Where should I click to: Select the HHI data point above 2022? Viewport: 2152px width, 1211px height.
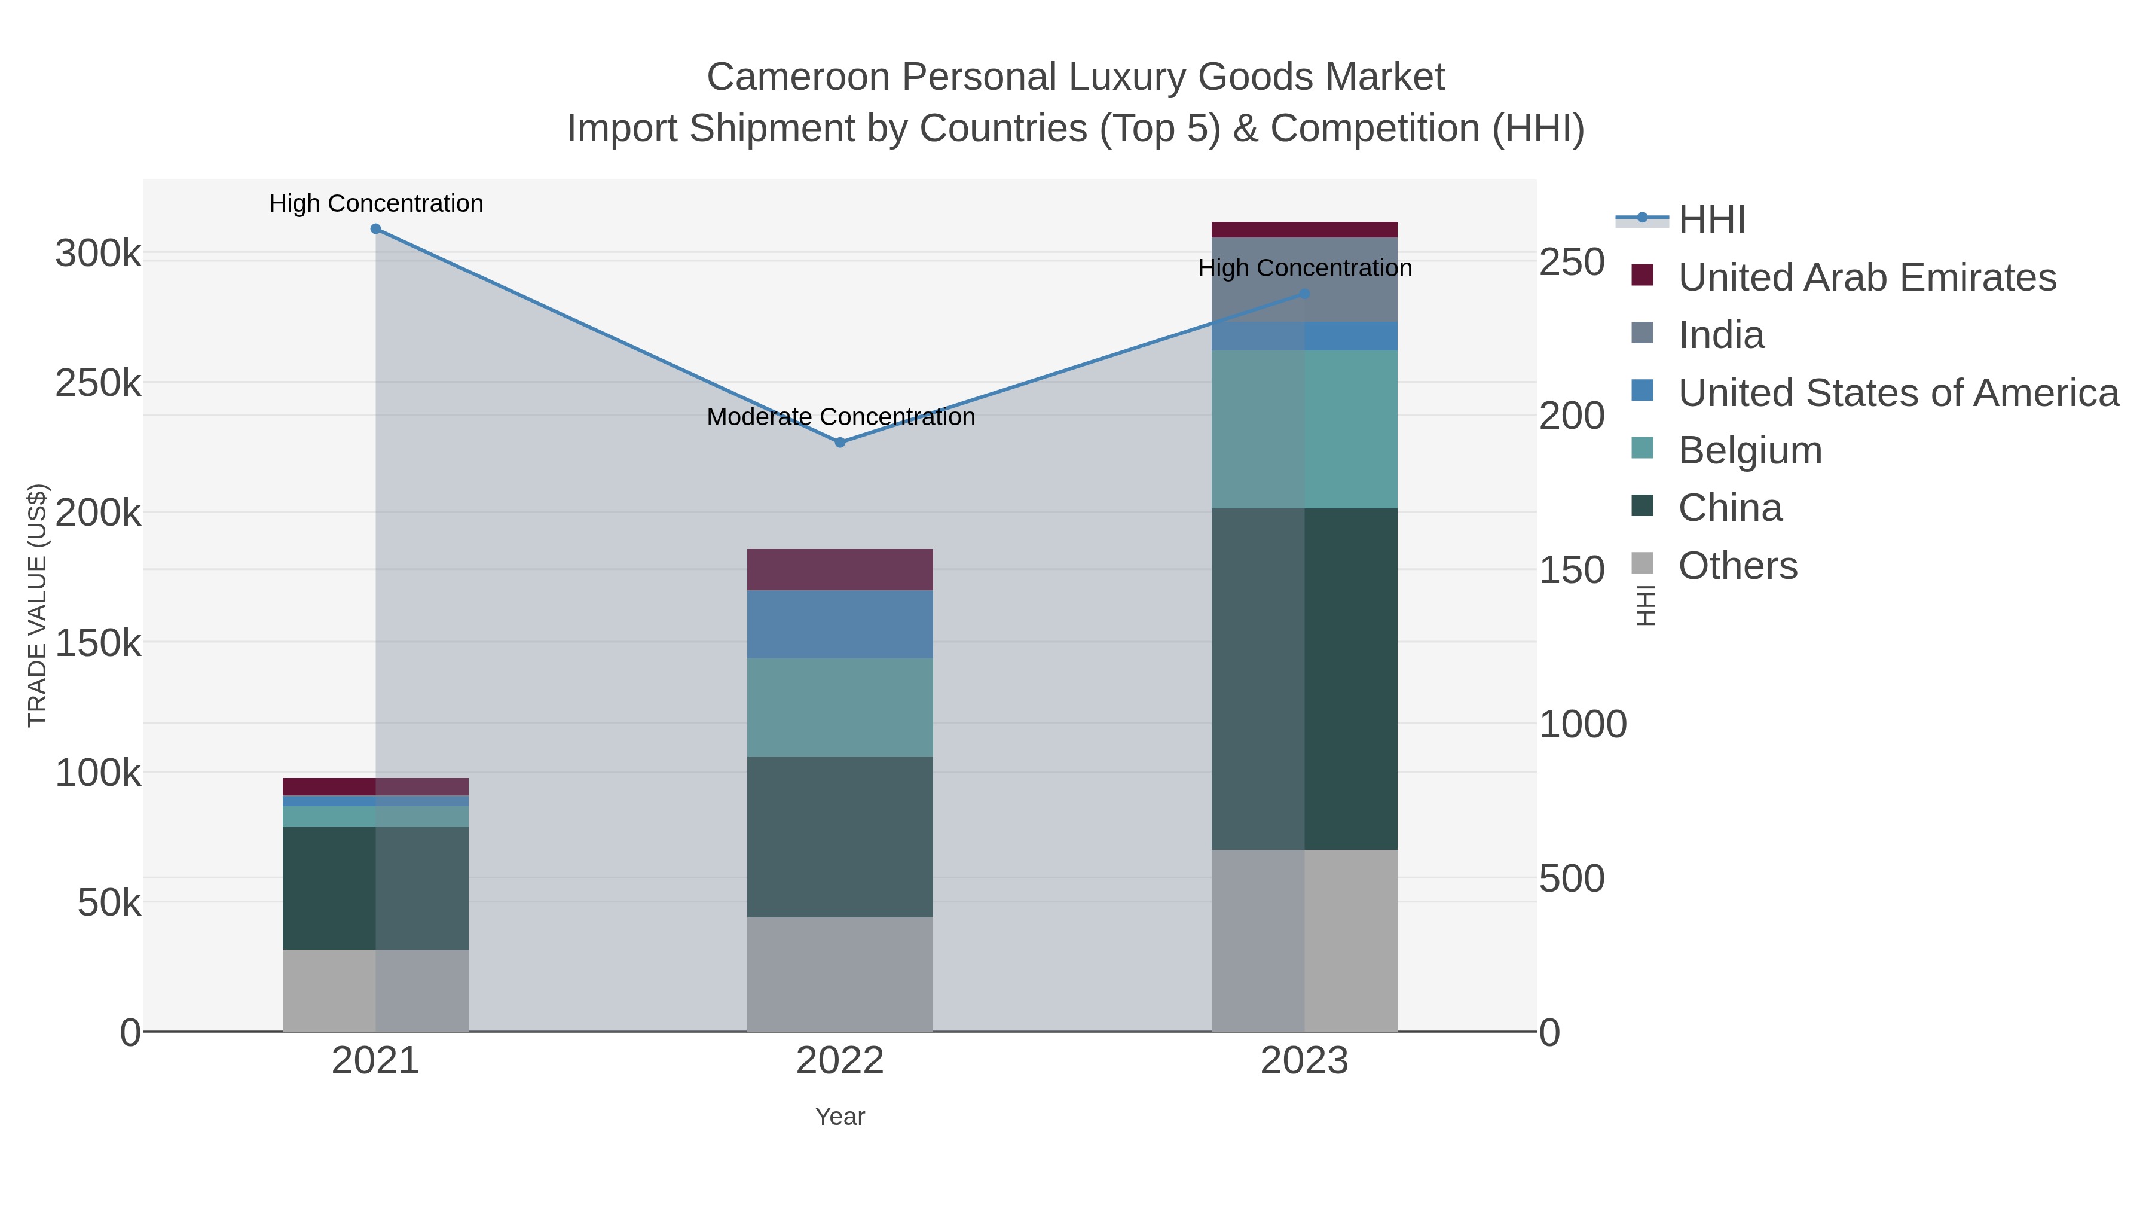(x=840, y=442)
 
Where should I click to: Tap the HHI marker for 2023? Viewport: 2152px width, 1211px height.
(x=1304, y=294)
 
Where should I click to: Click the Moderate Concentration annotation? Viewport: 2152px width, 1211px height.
(x=840, y=416)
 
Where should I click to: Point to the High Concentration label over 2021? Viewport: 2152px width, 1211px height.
(x=376, y=203)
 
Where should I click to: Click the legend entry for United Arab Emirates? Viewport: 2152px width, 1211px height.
(x=1866, y=277)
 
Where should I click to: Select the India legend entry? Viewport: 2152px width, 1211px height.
(x=1721, y=335)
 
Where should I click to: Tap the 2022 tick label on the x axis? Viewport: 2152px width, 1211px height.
(x=840, y=1061)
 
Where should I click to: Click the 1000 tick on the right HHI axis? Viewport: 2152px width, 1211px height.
(x=1582, y=725)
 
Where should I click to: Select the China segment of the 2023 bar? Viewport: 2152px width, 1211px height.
(x=1304, y=679)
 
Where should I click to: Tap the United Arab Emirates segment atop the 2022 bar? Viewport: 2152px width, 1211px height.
(x=840, y=569)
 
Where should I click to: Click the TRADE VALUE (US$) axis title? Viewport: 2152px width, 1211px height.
(x=38, y=605)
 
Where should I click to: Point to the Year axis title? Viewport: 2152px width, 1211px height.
(x=840, y=1117)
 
